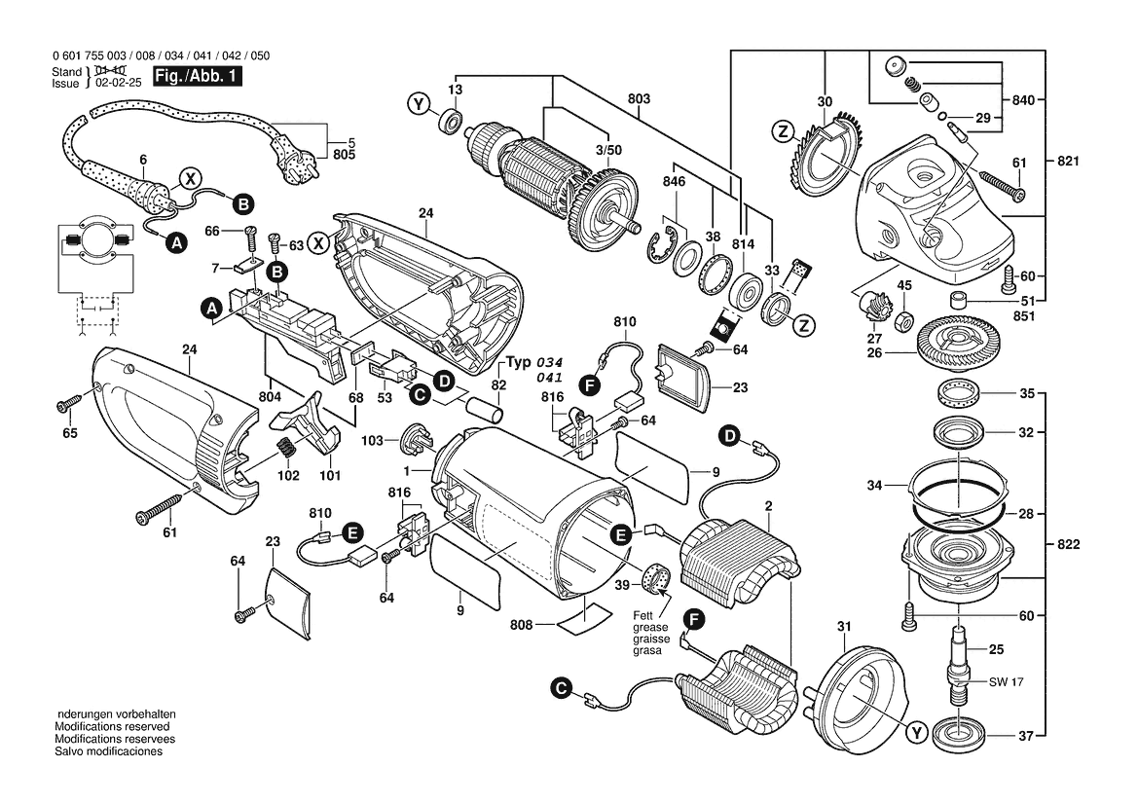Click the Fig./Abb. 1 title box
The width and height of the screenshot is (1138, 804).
tap(197, 76)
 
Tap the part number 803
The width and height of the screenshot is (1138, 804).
tap(640, 98)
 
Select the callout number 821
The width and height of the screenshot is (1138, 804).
tap(1068, 161)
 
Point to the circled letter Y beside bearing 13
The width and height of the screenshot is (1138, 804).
tap(418, 104)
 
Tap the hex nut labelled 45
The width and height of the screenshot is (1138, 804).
tap(903, 318)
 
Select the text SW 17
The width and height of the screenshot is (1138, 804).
tap(1006, 682)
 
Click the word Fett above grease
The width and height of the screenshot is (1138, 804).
tap(642, 615)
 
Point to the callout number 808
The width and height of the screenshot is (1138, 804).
tap(521, 625)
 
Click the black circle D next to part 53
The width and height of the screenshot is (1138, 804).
tap(443, 381)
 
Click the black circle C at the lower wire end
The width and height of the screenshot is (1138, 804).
tap(561, 688)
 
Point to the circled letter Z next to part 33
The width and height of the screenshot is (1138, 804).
tap(803, 326)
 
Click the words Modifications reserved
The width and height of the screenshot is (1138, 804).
tap(112, 726)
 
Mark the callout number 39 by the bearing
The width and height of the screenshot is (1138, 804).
tap(622, 586)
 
